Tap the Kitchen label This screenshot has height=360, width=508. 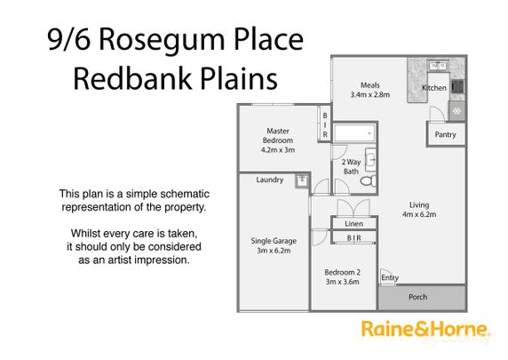(433, 88)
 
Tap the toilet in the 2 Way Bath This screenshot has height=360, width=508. (367, 180)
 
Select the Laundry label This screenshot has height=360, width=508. (269, 180)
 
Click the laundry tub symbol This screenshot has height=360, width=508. (302, 180)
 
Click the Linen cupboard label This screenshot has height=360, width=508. (353, 224)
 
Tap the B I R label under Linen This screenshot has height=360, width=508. (353, 239)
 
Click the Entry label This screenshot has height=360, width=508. (390, 278)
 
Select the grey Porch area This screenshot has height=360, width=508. (417, 298)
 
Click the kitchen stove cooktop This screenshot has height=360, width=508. (457, 87)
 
